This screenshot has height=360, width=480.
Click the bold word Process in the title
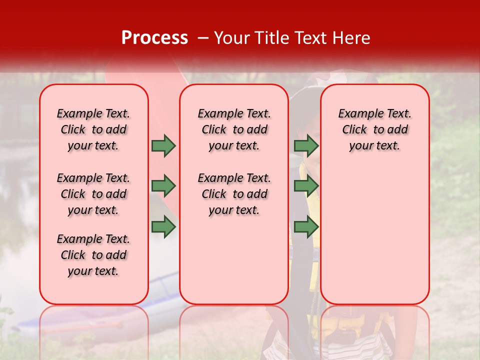click(x=154, y=37)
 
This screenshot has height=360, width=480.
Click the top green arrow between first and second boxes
click(x=163, y=146)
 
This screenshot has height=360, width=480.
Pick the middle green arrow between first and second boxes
click(x=163, y=186)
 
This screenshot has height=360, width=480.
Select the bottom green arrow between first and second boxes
click(x=163, y=227)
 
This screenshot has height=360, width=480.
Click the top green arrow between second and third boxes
click(x=306, y=146)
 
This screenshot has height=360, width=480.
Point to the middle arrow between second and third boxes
click(x=306, y=186)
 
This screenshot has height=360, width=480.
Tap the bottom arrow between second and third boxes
click(x=306, y=227)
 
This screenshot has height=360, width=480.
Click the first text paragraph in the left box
click(x=93, y=129)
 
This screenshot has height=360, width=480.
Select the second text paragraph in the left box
click(x=93, y=194)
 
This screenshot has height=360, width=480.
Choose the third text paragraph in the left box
click(x=93, y=255)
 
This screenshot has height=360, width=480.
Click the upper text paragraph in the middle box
click(x=234, y=129)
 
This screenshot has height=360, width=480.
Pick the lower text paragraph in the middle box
click(x=234, y=194)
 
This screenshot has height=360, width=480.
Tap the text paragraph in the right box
click(x=375, y=129)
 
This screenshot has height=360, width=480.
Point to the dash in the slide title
click(x=203, y=37)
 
